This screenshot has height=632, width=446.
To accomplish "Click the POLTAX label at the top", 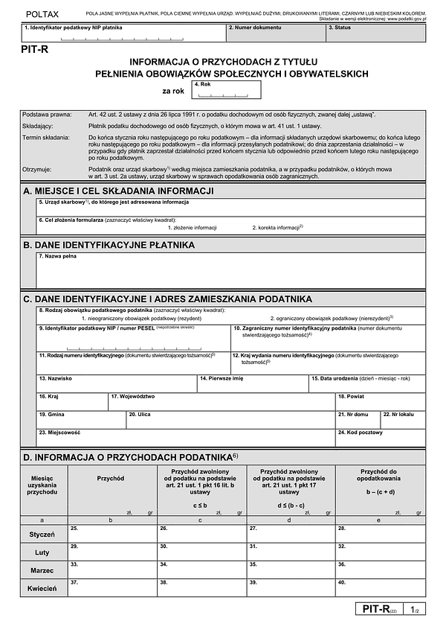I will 41,14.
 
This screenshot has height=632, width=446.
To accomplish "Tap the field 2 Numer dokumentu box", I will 276,33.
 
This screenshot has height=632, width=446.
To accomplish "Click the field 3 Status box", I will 375,33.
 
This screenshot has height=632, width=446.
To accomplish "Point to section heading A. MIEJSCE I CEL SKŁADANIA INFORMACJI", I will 119,191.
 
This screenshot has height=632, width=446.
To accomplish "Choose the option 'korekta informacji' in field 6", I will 277,226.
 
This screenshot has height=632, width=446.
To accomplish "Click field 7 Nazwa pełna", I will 230,271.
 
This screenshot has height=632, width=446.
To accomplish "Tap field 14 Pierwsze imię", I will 253,383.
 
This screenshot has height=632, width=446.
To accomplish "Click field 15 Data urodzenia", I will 366,383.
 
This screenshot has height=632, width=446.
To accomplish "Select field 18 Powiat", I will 380,401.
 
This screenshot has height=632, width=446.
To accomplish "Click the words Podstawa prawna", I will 47,114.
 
